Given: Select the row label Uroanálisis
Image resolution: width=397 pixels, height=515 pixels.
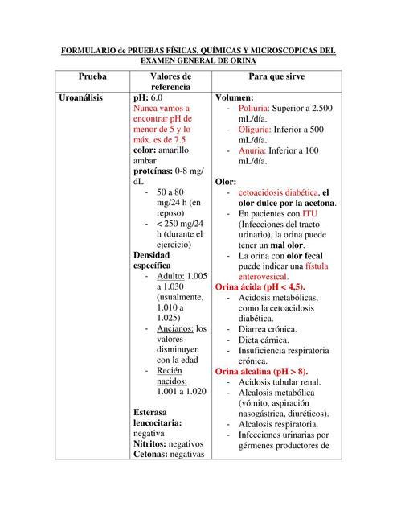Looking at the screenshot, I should point(87,97).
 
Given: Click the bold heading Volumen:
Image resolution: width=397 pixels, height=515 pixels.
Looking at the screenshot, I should point(235,97).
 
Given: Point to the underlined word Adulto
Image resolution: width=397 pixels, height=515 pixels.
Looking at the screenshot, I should point(170,277).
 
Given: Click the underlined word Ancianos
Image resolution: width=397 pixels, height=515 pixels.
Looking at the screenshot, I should point(175,328).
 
